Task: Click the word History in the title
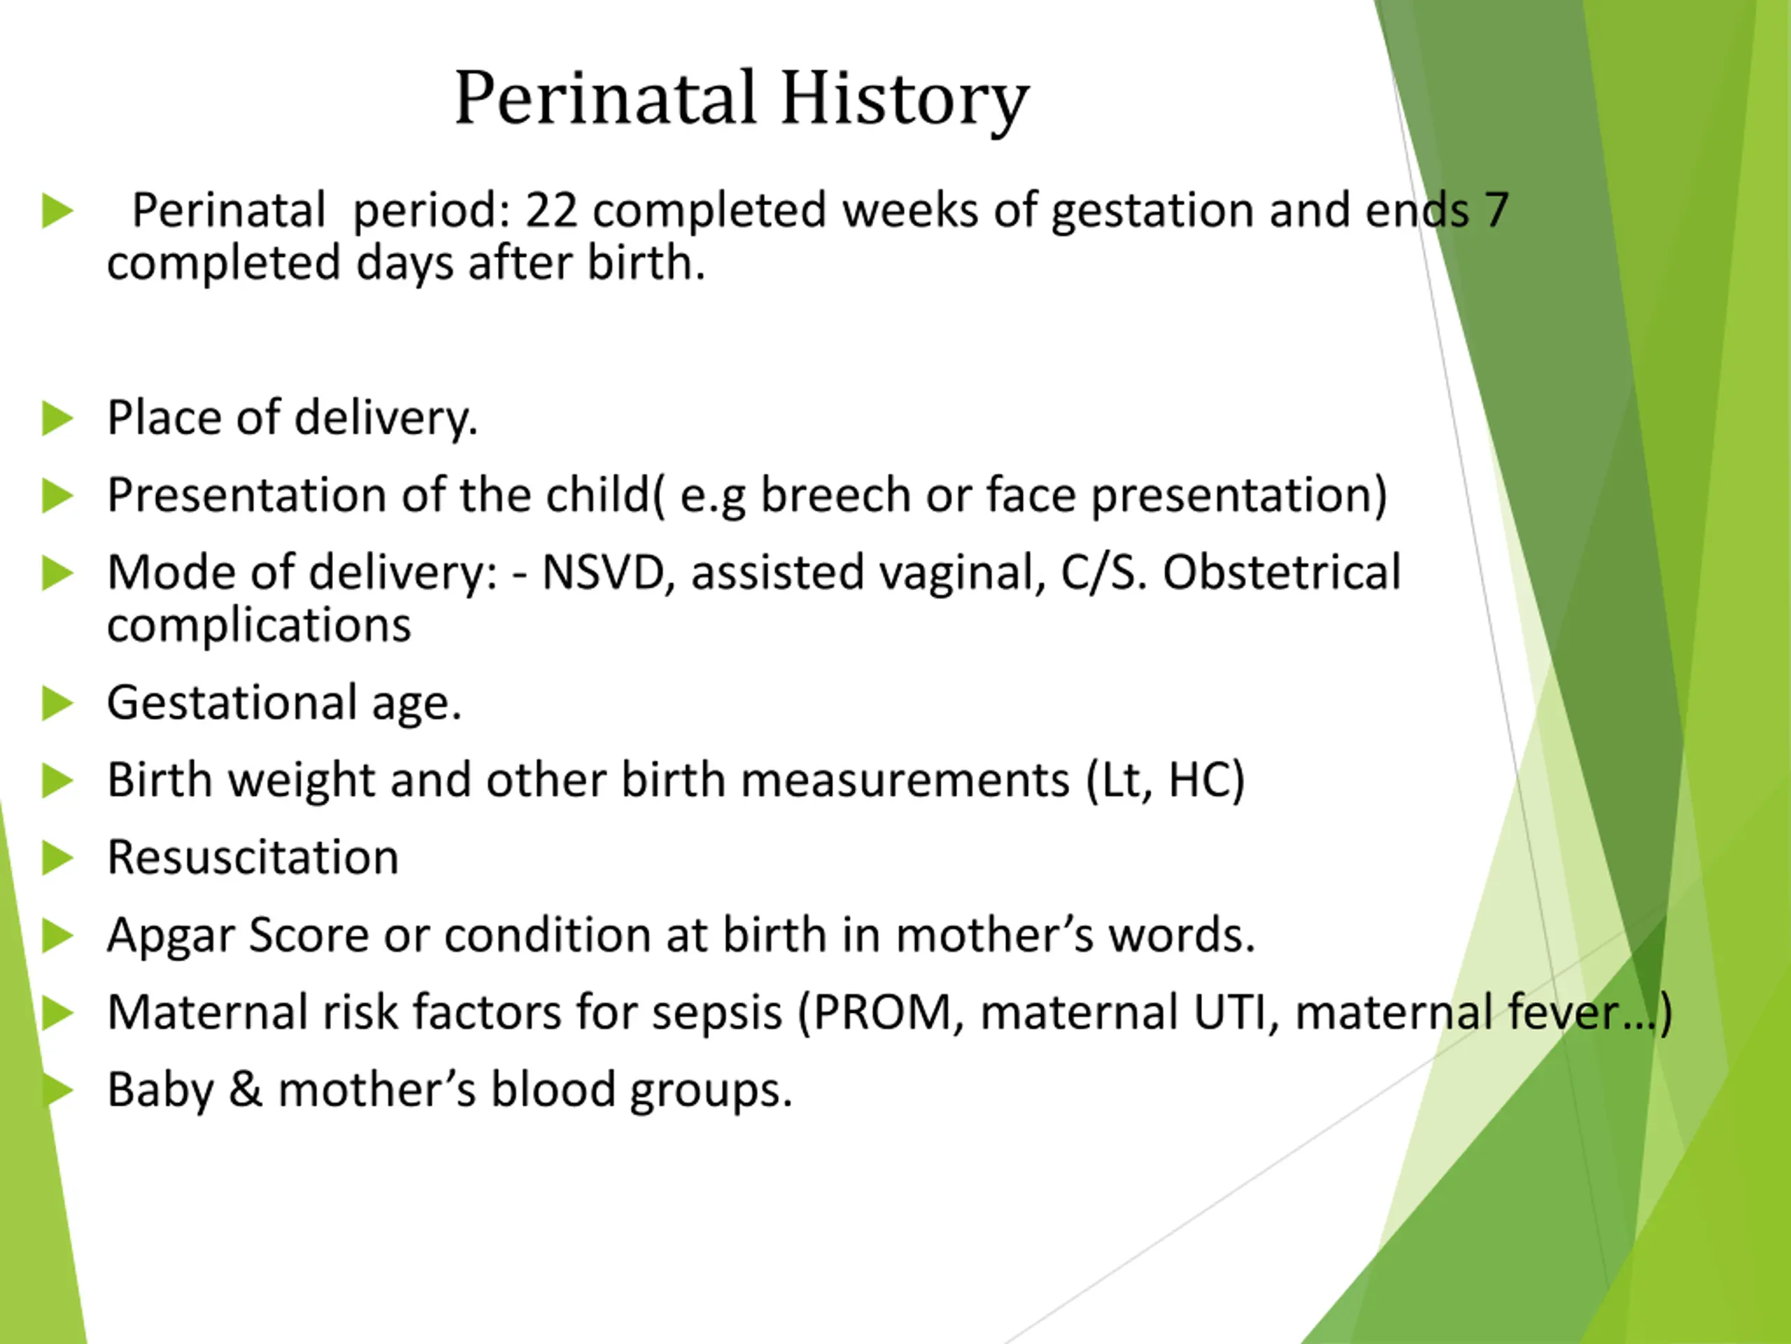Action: (x=905, y=99)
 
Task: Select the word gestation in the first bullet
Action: (x=1152, y=212)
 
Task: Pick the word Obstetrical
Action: (x=1282, y=572)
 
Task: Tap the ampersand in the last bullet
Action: (x=246, y=1090)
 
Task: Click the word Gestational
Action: (x=232, y=702)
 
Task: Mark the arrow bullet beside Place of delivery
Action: (x=57, y=418)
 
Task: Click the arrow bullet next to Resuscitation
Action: (x=57, y=858)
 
